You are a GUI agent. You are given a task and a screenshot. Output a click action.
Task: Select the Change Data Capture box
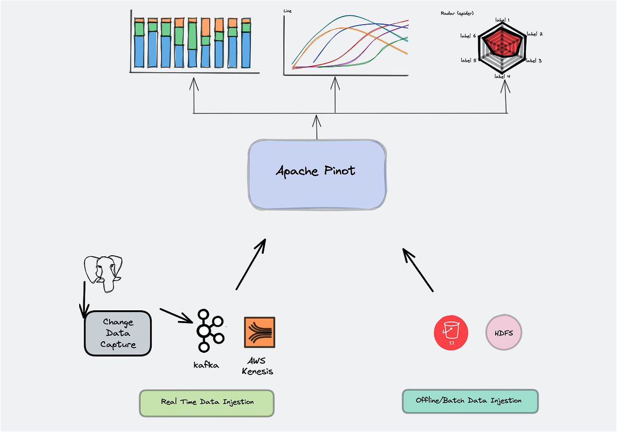tap(118, 333)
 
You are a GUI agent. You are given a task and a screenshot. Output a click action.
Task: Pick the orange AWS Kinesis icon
tap(260, 333)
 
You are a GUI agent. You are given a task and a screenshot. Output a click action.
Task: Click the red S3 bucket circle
tap(451, 333)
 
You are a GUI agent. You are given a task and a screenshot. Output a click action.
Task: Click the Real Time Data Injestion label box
tap(207, 402)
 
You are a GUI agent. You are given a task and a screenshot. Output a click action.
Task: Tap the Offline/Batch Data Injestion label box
tap(469, 401)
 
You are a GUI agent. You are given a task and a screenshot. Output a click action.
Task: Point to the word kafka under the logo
tap(206, 365)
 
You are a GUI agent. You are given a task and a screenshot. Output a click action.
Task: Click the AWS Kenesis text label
tap(257, 366)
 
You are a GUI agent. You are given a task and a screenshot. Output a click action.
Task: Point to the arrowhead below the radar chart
tap(506, 84)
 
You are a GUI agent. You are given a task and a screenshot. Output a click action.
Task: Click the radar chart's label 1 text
tap(502, 20)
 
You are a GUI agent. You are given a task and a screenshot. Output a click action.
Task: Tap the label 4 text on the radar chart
tap(502, 76)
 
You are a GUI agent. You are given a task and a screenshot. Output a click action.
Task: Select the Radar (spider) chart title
tap(457, 13)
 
